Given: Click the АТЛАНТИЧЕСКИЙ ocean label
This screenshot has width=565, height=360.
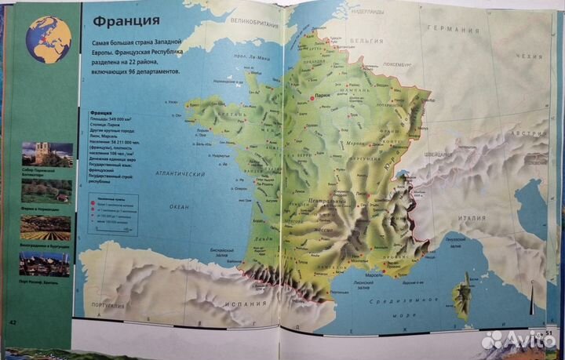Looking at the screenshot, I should coord(180,174).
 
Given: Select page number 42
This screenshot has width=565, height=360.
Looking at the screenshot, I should coord(13,322).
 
